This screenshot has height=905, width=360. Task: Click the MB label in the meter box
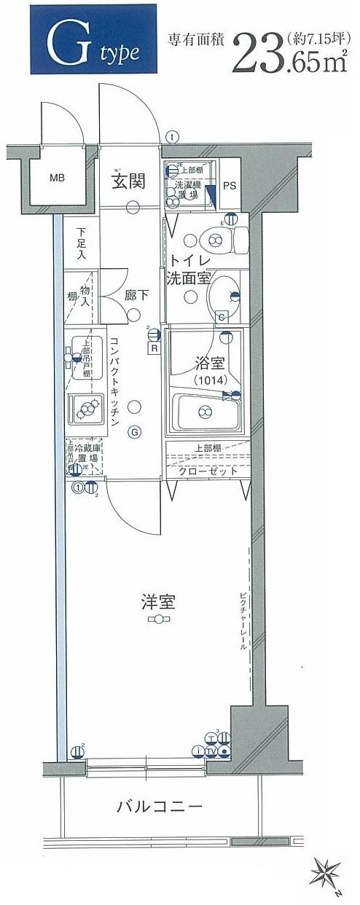(x=56, y=177)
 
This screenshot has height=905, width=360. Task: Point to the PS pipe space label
(x=228, y=185)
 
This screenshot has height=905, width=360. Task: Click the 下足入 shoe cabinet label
(x=80, y=244)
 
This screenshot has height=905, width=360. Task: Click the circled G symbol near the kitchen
(x=134, y=431)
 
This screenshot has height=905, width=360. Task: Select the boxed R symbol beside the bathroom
(x=154, y=348)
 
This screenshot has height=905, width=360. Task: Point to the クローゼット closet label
(x=208, y=471)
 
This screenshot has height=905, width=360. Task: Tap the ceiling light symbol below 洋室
(x=158, y=619)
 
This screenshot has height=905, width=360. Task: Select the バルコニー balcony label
(x=159, y=807)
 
